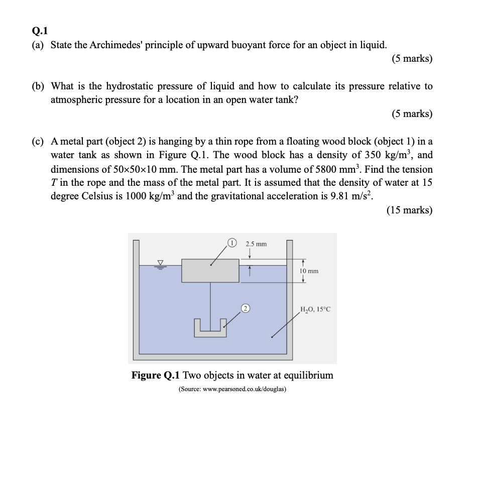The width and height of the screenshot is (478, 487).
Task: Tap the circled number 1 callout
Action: [x=232, y=243]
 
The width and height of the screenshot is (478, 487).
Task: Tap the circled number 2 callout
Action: [x=246, y=308]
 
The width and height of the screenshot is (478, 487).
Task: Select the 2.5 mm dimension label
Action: [x=256, y=244]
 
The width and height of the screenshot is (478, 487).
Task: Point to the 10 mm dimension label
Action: [x=309, y=271]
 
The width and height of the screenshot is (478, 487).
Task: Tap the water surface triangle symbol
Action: [x=161, y=263]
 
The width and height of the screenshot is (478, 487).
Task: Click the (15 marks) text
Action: [x=409, y=210]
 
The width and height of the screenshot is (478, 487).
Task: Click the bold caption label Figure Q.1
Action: [x=156, y=376]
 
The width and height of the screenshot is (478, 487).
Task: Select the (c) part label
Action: [x=38, y=142]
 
